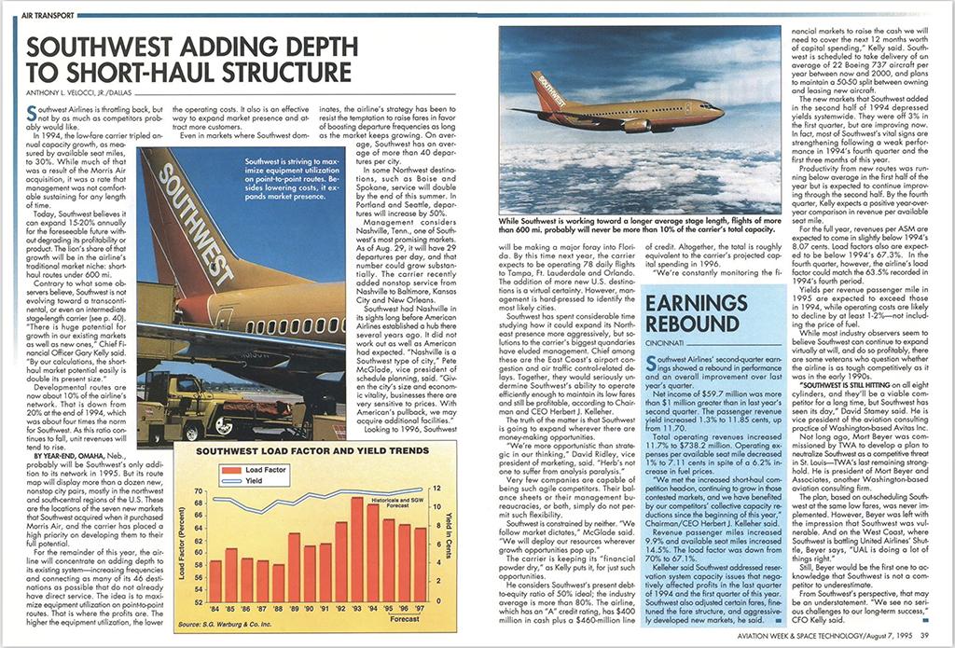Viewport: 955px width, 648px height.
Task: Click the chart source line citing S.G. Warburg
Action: pos(244,623)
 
